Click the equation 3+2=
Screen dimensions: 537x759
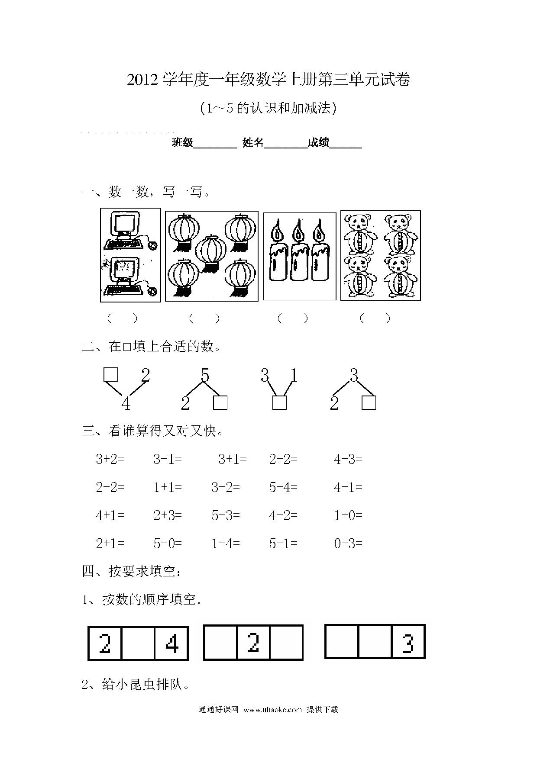pos(110,459)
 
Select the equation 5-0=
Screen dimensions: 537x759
pos(168,544)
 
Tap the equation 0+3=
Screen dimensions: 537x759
pos(348,544)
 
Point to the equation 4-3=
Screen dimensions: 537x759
pos(348,459)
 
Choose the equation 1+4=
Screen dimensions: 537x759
pos(226,544)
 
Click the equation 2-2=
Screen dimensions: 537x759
pos(110,487)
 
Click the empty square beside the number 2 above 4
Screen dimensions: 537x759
pos(111,375)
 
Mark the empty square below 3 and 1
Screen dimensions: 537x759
pos(280,403)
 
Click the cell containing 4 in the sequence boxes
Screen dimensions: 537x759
pos(172,643)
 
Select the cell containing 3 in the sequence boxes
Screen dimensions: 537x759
pos(408,642)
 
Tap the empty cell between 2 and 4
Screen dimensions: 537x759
pos(138,643)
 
